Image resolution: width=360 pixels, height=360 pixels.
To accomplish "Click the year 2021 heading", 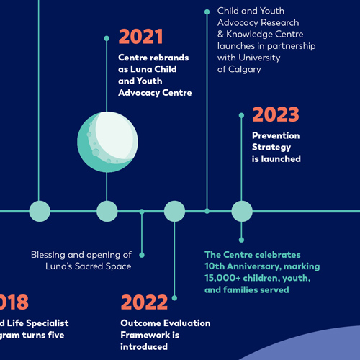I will coord(140,37).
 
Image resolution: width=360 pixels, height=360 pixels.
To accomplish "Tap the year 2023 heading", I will coord(276,115).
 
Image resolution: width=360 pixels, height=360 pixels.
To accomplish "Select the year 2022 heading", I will coord(144,302).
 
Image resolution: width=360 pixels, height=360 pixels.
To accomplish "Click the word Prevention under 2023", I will coord(276,135).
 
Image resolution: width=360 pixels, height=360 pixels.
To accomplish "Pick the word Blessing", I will coord(51,255).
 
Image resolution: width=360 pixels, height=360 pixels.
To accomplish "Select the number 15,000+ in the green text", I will coord(227,278).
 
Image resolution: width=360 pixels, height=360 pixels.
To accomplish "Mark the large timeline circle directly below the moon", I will coord(107,211).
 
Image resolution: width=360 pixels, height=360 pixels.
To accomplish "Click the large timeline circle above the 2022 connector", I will coord(174,211).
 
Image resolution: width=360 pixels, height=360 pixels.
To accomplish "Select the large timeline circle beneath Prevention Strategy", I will coord(241,211).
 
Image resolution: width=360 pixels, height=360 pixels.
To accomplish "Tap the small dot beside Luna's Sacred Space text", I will coord(142,255).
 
